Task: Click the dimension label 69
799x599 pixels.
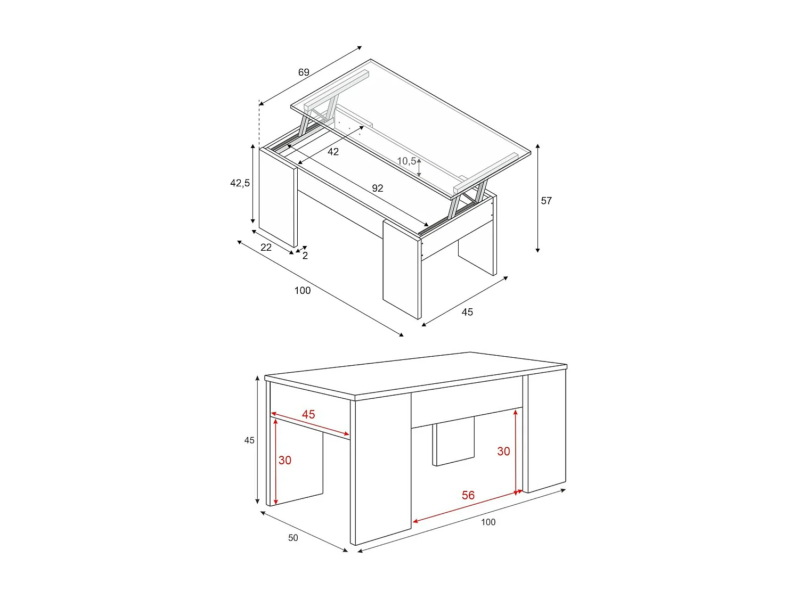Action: [x=304, y=72]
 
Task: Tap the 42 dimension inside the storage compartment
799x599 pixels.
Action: [x=333, y=152]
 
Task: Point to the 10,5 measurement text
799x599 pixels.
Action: [x=406, y=161]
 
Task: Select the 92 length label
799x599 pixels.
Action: [x=378, y=188]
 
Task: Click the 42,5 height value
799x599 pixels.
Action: [x=240, y=183]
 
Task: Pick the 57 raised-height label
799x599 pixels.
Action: [x=547, y=201]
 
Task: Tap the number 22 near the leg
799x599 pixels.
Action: [x=266, y=248]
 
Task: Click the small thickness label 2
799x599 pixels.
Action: [x=305, y=256]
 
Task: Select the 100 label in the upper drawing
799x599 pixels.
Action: [x=303, y=291]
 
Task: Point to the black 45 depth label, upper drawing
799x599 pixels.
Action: [x=467, y=313]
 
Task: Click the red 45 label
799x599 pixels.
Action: [x=308, y=414]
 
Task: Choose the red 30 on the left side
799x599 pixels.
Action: [x=285, y=461]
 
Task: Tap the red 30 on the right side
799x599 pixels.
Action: [x=503, y=452]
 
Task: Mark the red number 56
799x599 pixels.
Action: [x=468, y=496]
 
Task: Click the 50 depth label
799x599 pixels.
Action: [x=293, y=538]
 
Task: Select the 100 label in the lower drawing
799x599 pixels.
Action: [x=488, y=522]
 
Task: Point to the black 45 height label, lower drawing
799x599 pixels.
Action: [x=249, y=440]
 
